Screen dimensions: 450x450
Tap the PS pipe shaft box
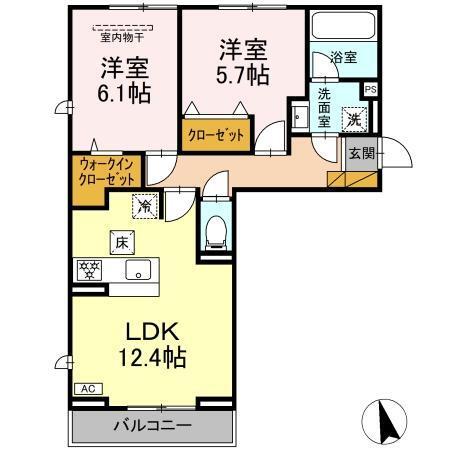(371, 89)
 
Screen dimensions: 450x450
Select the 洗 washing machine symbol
(354, 119)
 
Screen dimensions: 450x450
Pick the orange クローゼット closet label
(214, 135)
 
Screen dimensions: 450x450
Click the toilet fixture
(215, 234)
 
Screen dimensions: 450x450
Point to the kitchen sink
(137, 269)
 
